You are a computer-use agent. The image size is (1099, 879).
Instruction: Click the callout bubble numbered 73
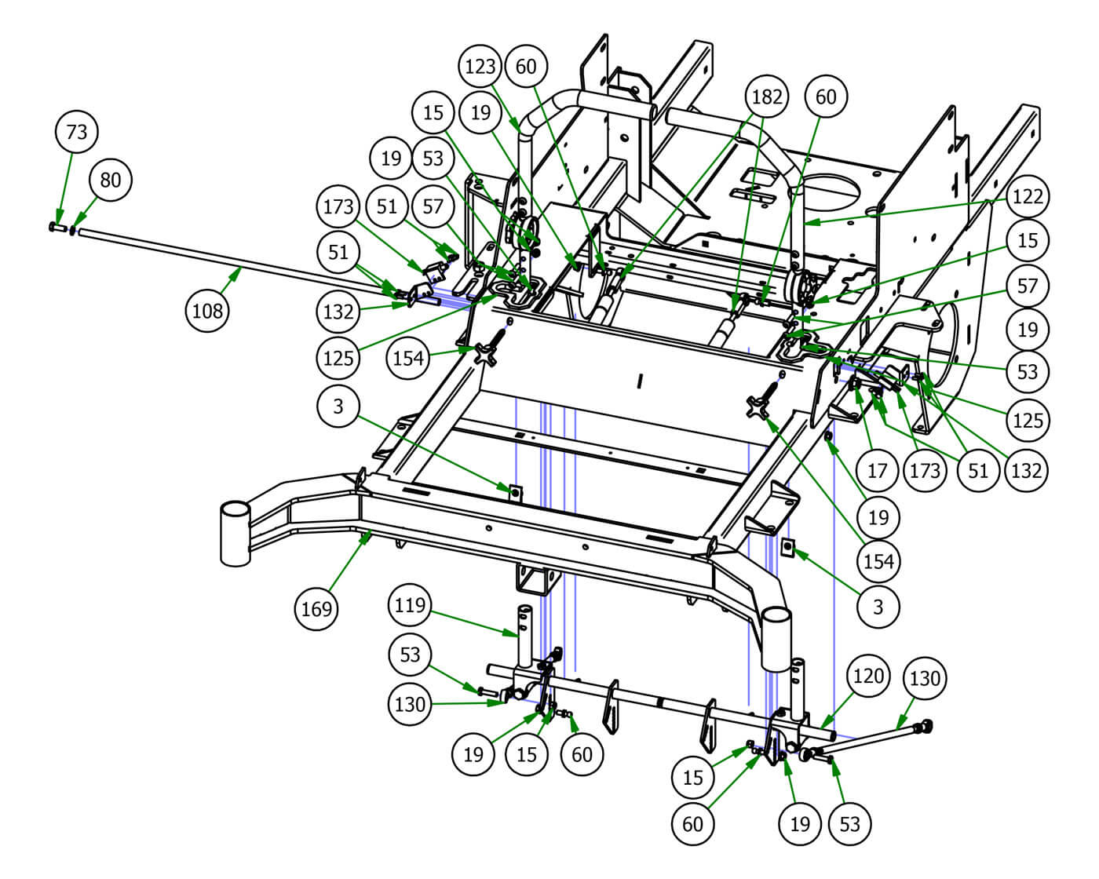point(77,132)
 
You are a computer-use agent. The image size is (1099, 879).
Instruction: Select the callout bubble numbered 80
point(111,181)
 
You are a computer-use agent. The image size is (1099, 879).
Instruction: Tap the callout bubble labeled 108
point(207,312)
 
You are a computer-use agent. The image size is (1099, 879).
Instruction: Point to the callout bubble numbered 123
point(480,65)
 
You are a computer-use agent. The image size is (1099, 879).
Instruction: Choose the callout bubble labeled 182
point(766,97)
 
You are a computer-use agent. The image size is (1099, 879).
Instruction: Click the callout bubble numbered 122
point(1027,195)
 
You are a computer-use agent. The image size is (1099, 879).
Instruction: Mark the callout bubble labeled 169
point(316,608)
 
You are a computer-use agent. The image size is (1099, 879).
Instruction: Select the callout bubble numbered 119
point(410,605)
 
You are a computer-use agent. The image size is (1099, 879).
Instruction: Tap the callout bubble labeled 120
point(868,676)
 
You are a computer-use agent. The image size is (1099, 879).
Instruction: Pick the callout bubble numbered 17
point(877,470)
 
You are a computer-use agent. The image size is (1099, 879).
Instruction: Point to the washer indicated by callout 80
point(73,230)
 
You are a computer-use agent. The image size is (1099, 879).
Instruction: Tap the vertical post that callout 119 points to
point(524,635)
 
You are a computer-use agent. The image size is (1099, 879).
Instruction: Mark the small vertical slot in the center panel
point(641,382)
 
